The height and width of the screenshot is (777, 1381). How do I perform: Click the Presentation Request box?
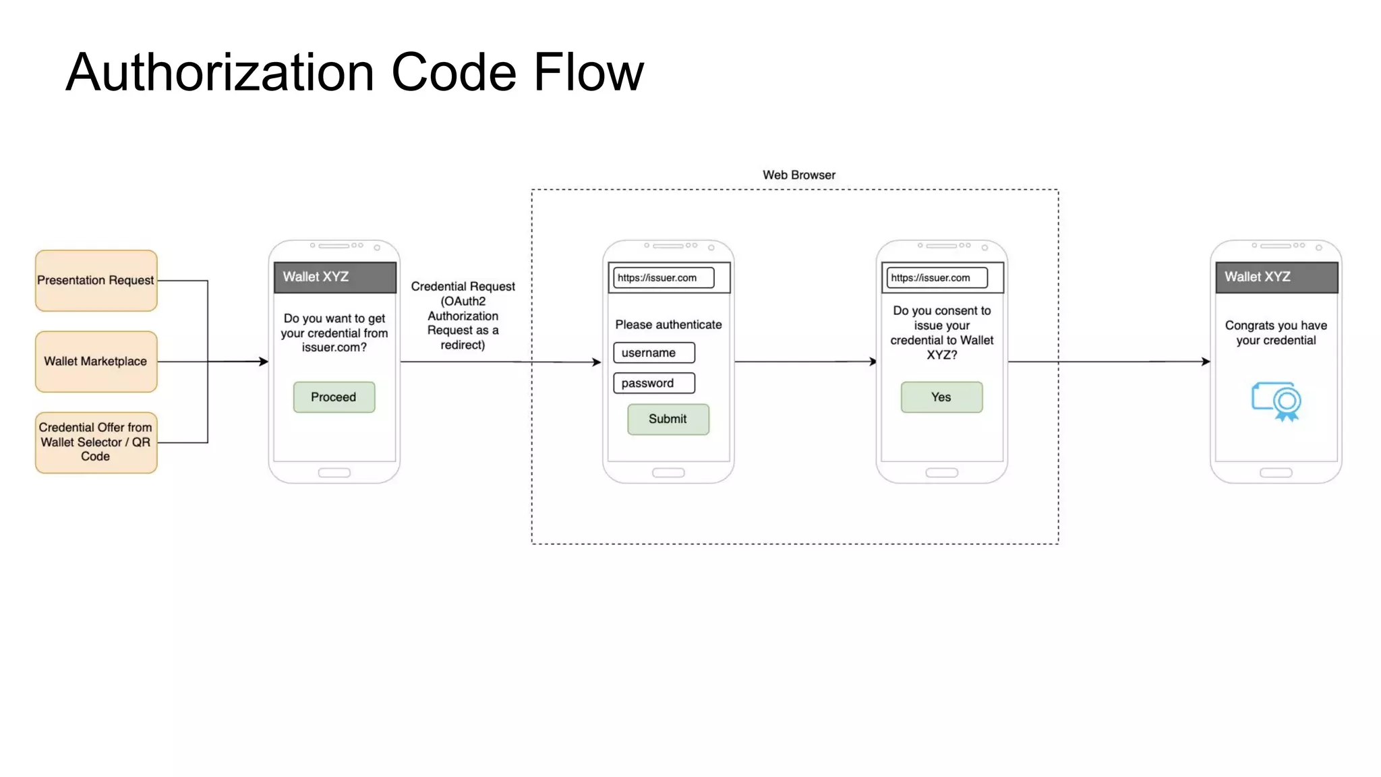coord(96,281)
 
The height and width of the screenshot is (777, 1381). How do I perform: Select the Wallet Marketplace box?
coord(96,362)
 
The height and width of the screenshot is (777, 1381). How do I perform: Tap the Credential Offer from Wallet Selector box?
coord(96,442)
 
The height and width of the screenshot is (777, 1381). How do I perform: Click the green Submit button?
coord(668,419)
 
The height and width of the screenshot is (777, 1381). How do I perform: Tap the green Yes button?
coord(941,397)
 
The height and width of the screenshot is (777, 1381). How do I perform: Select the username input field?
coord(653,353)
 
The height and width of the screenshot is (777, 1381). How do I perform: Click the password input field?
coord(653,383)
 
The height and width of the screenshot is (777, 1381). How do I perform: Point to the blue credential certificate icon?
coord(1276,401)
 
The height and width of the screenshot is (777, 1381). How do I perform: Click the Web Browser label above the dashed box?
coord(798,175)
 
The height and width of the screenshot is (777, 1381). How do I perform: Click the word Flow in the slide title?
coord(588,72)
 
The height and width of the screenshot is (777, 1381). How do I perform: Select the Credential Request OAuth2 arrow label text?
coord(463,316)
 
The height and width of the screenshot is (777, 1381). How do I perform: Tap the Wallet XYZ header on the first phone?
coord(334,277)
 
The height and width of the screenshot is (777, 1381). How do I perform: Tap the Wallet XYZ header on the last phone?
coord(1276,277)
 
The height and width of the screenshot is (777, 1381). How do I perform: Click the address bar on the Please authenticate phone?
coord(663,278)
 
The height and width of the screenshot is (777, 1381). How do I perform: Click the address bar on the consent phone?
coord(936,278)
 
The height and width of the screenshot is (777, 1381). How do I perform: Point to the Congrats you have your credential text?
coord(1276,333)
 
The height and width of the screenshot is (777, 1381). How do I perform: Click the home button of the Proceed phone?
coord(334,473)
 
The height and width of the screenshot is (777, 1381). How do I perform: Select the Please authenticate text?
coord(668,324)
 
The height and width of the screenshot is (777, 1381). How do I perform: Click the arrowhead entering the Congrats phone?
coord(1206,362)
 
